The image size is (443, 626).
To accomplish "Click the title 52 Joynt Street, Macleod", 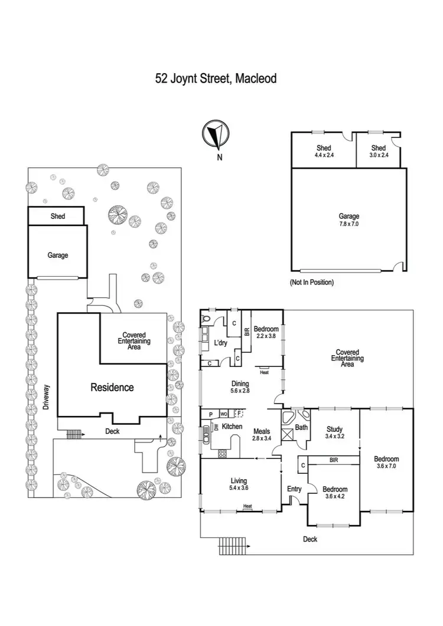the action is point(216,77).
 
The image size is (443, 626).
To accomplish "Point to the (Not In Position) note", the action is point(311,283).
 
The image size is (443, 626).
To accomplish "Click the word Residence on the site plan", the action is point(112,388).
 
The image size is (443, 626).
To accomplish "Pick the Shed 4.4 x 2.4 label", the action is point(324,151).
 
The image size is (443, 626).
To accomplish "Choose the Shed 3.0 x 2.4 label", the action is point(379,151).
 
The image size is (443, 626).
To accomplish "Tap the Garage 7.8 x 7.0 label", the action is point(349,220).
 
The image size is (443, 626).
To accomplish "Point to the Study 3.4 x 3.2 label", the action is point(334,432).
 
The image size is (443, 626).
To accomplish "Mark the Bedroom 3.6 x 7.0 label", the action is point(386,463).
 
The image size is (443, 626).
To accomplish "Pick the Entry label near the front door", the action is point(294,489).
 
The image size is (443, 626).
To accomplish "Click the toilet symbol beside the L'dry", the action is point(206,319).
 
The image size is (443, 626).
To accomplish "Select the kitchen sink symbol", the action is point(206,437).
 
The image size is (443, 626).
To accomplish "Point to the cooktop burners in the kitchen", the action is point(223,453).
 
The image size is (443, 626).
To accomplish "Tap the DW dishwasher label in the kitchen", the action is point(216,427).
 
